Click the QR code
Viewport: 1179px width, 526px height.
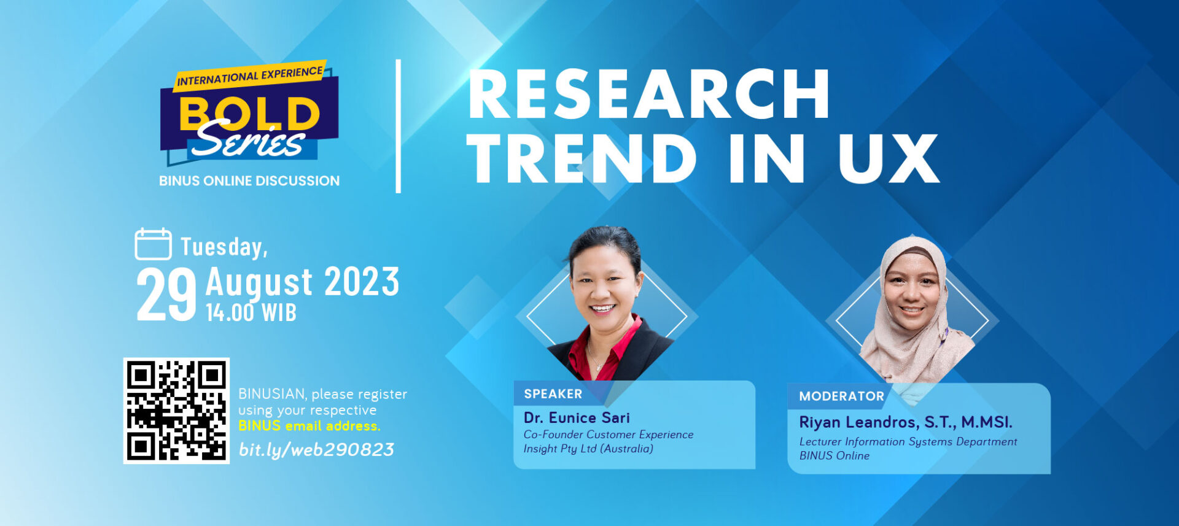click(x=176, y=411)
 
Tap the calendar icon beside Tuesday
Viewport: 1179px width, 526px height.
click(x=153, y=244)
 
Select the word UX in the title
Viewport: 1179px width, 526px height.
click(x=889, y=158)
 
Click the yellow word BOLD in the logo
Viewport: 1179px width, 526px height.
click(x=249, y=114)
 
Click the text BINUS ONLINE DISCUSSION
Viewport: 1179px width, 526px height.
click(x=249, y=181)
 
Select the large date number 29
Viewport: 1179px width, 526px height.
click(x=166, y=296)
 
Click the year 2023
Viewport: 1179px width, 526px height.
click(x=362, y=282)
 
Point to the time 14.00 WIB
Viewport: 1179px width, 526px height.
click(x=251, y=312)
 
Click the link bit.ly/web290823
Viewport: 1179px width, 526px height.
click(x=316, y=450)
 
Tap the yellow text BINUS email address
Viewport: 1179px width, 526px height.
click(x=309, y=426)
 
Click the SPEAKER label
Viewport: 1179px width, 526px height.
click(x=553, y=394)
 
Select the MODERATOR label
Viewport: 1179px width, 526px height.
click(x=841, y=396)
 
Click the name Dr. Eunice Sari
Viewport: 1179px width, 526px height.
click(x=577, y=418)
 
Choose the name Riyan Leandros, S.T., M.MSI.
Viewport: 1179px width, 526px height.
click(x=906, y=422)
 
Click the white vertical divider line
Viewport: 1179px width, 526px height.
click(x=399, y=126)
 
